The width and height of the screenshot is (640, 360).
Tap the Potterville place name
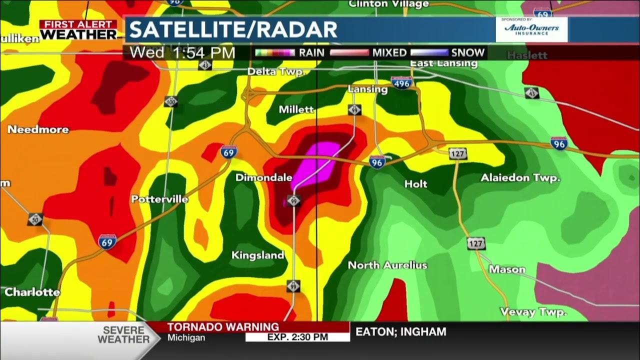click(159, 199)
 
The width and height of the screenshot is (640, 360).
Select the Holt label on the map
click(415, 184)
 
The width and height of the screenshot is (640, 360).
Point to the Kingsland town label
click(257, 255)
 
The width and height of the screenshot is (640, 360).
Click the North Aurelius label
click(387, 265)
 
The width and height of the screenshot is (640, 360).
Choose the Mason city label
click(507, 269)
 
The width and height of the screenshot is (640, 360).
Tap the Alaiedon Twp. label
click(520, 178)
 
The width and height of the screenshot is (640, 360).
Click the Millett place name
click(296, 109)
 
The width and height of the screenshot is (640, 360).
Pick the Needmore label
click(38, 129)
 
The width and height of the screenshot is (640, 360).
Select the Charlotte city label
click(32, 292)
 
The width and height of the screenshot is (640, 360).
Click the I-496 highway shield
click(402, 83)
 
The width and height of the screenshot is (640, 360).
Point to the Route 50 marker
click(35, 219)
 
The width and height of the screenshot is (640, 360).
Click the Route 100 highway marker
click(171, 101)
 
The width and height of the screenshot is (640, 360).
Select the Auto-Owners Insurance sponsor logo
click(531, 29)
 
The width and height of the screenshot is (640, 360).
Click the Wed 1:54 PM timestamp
click(182, 52)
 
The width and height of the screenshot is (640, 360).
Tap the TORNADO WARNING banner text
click(222, 327)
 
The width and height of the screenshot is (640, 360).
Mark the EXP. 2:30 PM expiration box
click(297, 337)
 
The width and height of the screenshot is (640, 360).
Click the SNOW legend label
click(467, 52)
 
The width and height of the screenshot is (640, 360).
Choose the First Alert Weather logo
click(78, 30)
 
